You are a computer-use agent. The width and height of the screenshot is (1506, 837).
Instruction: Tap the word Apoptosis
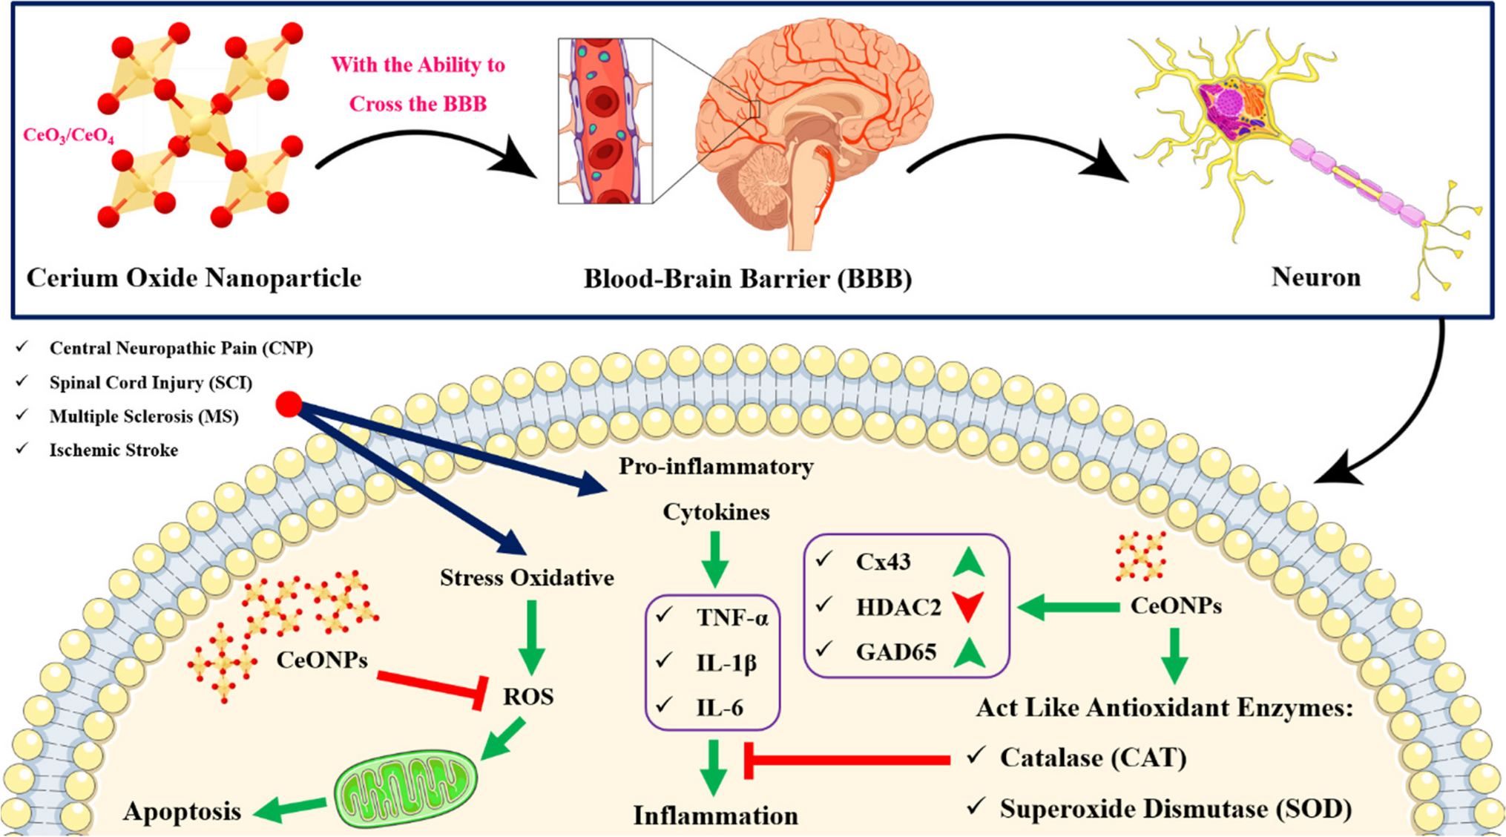tap(182, 811)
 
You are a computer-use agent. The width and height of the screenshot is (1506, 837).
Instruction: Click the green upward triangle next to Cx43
tap(968, 562)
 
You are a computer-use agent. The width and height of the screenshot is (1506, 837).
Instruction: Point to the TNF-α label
tap(731, 617)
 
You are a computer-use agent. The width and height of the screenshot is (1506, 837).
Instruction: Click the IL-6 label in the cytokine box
tap(719, 708)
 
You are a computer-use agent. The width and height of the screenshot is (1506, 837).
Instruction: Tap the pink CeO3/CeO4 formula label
tap(68, 136)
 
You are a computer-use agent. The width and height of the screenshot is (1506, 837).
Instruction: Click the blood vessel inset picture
tap(605, 121)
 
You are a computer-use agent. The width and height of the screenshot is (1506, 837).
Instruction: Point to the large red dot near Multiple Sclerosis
tap(289, 404)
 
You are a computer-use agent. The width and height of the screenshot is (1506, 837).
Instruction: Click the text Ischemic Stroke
tap(114, 450)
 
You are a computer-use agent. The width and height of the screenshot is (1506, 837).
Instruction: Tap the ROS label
tap(528, 696)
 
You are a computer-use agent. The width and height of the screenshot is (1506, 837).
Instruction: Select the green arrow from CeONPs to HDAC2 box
tap(1069, 607)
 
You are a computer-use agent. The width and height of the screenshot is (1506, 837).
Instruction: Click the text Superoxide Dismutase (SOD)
tap(1175, 808)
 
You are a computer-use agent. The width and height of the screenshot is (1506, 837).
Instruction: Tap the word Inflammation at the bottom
tap(715, 815)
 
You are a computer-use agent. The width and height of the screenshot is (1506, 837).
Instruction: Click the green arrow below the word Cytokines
tap(715, 558)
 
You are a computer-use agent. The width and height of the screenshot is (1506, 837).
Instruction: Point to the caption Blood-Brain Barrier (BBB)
tap(747, 279)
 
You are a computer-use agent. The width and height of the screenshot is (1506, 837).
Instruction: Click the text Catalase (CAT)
tap(1093, 758)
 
